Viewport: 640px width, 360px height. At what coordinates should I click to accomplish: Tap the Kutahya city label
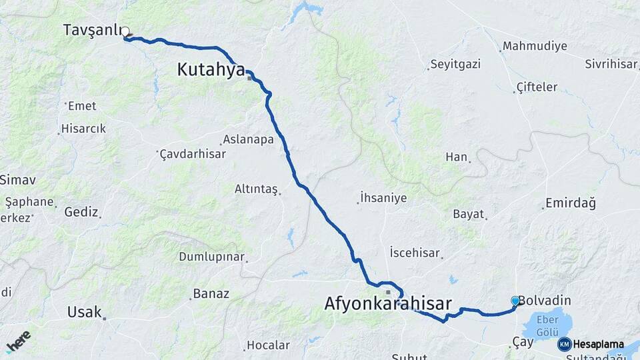click(x=211, y=69)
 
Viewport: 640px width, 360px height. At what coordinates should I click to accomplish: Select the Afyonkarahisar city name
click(x=388, y=304)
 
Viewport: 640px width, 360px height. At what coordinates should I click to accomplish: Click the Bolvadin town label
click(x=543, y=301)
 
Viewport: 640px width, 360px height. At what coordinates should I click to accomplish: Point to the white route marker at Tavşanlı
click(x=125, y=31)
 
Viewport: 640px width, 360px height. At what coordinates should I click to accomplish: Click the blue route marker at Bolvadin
click(x=515, y=301)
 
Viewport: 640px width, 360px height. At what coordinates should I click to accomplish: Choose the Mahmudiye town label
click(x=535, y=46)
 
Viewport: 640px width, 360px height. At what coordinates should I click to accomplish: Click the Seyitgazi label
click(x=455, y=65)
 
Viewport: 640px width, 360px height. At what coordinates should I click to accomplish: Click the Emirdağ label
click(x=570, y=203)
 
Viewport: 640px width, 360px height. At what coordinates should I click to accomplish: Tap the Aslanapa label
click(x=248, y=139)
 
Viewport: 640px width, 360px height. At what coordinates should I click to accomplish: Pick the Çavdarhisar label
click(x=193, y=154)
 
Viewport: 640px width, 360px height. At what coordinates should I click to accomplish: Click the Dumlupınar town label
click(x=212, y=257)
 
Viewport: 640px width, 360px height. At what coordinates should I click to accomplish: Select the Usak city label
click(x=85, y=312)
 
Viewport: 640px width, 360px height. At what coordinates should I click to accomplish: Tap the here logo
click(x=18, y=341)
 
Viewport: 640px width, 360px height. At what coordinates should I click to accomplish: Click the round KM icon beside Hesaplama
click(x=564, y=345)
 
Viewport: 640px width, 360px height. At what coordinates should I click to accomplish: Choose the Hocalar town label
click(x=268, y=345)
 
